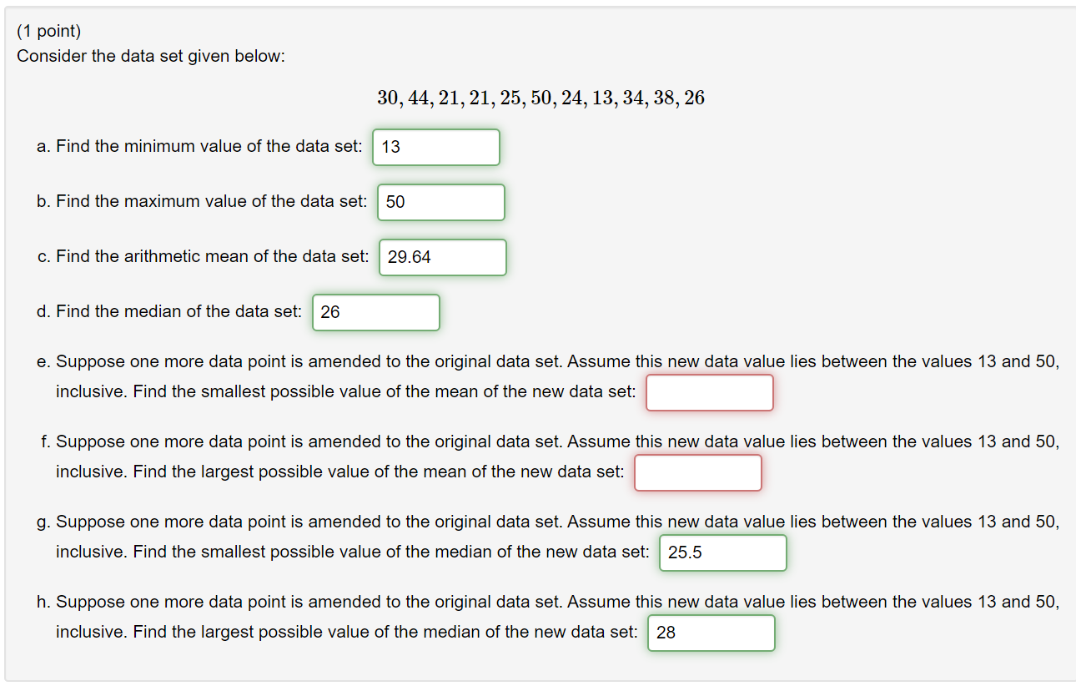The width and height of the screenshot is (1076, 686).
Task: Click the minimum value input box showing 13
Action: pos(436,148)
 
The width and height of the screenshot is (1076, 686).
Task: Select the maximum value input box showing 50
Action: pos(440,203)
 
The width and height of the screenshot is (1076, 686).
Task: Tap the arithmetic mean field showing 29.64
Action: pos(442,258)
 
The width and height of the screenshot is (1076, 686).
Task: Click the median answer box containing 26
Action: pos(375,313)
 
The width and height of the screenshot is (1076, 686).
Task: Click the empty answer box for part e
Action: pos(709,393)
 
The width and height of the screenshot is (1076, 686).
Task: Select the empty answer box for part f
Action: pos(697,473)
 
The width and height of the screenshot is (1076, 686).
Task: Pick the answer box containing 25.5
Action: pos(722,553)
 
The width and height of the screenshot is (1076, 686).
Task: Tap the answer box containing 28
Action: pos(711,633)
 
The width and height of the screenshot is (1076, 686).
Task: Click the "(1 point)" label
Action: pos(49,32)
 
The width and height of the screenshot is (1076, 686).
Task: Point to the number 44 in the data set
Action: pos(419,98)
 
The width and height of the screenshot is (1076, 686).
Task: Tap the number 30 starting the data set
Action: pos(388,98)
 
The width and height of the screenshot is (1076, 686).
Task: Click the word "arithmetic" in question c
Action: pos(163,257)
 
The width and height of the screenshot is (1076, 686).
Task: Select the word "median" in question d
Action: pos(150,312)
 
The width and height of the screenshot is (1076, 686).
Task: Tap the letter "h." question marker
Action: pos(43,603)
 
